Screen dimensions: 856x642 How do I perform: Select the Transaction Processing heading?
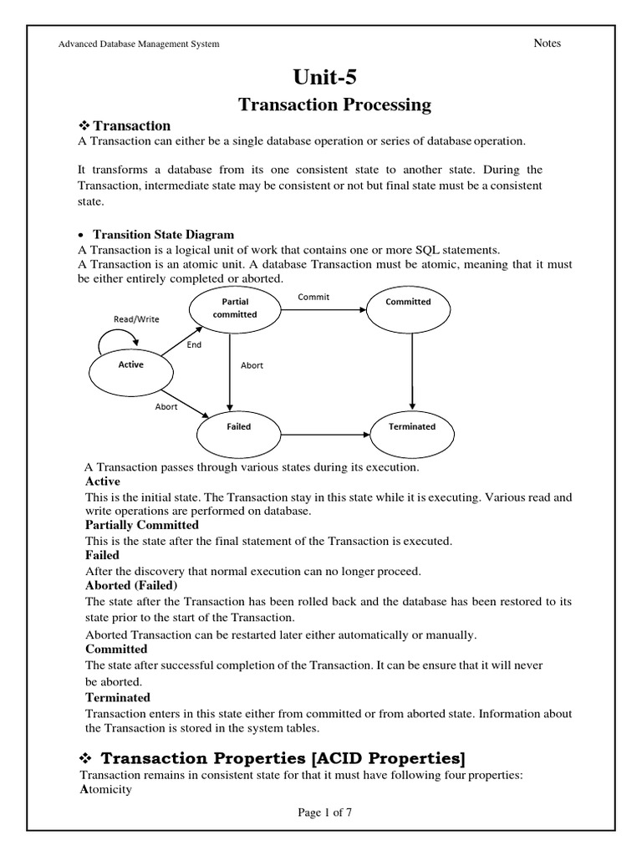334,104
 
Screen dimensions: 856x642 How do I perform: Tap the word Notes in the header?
547,43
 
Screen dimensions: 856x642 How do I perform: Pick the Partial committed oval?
235,308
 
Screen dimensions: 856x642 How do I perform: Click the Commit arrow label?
313,297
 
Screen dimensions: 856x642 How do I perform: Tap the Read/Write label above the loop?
136,319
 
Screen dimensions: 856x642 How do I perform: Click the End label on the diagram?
194,344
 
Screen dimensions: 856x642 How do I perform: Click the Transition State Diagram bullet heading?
163,235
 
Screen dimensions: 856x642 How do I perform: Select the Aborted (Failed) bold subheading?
131,585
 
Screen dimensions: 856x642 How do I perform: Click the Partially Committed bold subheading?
142,525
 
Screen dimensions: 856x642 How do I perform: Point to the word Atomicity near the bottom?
105,789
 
